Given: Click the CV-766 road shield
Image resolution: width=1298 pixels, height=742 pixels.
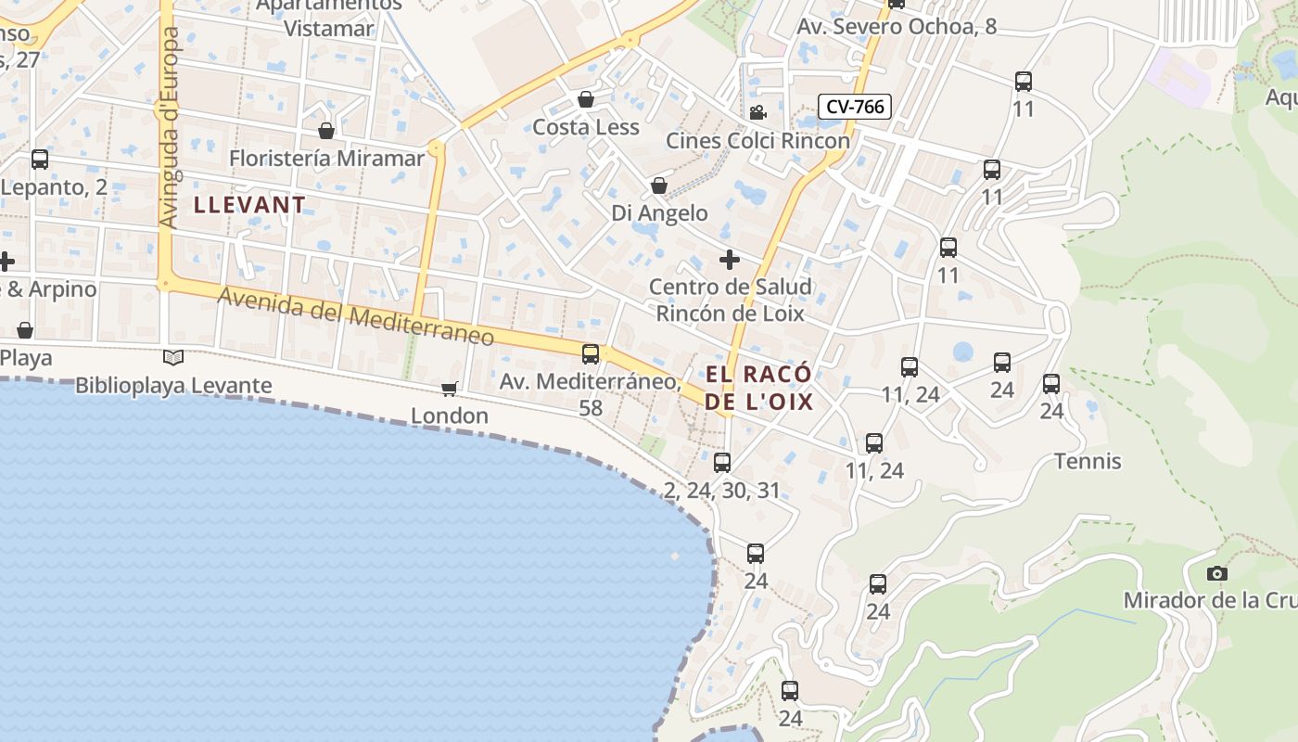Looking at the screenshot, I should coord(854,107).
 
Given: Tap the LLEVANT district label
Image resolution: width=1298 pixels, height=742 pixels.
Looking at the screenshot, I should coord(249,205).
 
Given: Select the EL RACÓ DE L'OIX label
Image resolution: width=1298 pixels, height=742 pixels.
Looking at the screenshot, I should coord(758,388).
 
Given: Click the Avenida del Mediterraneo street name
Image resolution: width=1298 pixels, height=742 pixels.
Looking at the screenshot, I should coord(356,317).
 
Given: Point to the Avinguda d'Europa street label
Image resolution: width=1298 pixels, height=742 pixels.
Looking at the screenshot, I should coord(169,127).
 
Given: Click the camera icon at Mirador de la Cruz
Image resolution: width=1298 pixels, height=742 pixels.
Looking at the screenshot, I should coord(1217,574).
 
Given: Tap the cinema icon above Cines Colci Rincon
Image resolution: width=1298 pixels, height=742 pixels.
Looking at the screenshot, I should coord(757,113).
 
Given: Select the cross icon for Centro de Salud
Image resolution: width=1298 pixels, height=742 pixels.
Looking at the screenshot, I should coord(730,259).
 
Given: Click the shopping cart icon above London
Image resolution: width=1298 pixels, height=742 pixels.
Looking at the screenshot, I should coord(449,389).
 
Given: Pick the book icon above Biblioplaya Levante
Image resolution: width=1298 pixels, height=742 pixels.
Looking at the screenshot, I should coord(173,357).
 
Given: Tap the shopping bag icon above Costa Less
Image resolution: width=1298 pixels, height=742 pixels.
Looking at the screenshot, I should coord(586,99).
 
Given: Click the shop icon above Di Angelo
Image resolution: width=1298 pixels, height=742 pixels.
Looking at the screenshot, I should coord(659,185).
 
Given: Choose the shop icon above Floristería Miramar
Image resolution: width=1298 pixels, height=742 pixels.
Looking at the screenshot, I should coord(325,131).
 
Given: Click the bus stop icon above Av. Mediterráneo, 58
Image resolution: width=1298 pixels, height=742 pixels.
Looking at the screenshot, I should coord(591,353).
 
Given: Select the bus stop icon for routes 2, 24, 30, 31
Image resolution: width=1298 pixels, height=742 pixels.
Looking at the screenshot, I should coord(722,462).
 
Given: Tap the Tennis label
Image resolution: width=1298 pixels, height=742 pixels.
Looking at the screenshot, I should coord(1088,461).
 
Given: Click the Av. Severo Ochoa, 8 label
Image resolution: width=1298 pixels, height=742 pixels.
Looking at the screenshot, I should coord(897,26).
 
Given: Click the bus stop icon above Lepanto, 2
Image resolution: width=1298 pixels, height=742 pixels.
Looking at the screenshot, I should coord(40,159).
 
